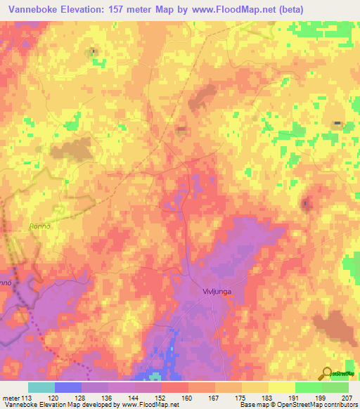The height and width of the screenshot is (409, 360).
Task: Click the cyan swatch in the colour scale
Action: click(x=41, y=387)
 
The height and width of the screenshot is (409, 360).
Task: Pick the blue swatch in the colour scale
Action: click(x=68, y=387)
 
